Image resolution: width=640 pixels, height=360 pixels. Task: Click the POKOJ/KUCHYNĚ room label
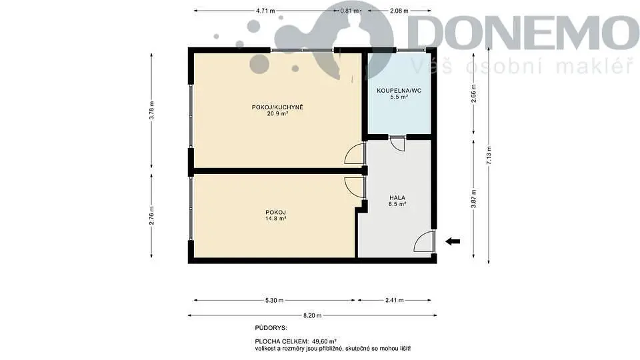click(277, 107)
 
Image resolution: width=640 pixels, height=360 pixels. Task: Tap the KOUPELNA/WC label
click(399, 90)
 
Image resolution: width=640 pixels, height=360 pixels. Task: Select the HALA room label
click(397, 197)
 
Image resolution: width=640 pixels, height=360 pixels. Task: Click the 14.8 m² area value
click(275, 219)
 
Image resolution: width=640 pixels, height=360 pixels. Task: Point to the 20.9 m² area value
click(277, 114)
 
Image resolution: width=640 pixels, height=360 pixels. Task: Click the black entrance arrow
click(453, 241)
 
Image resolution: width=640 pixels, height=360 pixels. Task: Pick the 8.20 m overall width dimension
click(312, 315)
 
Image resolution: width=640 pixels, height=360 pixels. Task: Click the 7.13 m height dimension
click(489, 155)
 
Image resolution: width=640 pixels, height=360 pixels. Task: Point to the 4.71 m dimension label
click(265, 11)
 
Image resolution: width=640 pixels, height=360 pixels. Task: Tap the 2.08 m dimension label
click(399, 11)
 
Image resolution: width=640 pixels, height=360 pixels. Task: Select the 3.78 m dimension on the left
click(151, 110)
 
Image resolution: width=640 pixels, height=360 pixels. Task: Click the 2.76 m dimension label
click(151, 216)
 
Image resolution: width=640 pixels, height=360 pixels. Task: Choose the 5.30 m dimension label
click(274, 301)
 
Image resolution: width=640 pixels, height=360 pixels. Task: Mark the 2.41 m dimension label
click(394, 301)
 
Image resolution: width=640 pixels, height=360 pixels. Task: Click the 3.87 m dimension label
click(473, 199)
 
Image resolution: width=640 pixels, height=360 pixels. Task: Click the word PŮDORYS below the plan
click(271, 328)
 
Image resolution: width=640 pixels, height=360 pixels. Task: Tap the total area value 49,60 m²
click(325, 341)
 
